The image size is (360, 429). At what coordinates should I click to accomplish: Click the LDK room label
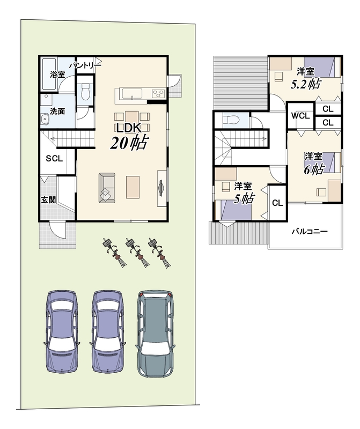pos(129,128)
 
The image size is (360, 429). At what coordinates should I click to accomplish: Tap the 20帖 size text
pos(129,143)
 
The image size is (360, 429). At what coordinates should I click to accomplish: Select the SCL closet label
pos(54,158)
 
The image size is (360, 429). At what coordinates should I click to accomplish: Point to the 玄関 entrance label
pos(48,199)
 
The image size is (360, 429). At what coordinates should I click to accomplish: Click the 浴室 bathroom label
pos(57,74)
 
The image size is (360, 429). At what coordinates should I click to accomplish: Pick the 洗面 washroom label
pos(57,111)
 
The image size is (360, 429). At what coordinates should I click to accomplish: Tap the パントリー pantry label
pos(85,65)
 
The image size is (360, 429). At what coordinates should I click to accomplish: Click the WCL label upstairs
pos(300,116)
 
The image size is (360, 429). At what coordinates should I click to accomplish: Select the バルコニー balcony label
pos(310,232)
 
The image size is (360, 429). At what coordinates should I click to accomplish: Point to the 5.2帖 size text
pos(305,84)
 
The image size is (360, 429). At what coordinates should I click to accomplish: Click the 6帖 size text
pos(314,169)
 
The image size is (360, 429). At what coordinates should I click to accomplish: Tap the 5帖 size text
pos(244,198)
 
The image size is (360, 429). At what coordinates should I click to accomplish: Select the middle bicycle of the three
pos(136,252)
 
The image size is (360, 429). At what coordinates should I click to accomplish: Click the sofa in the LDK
pos(107,188)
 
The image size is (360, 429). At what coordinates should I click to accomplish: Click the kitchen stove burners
pos(158,93)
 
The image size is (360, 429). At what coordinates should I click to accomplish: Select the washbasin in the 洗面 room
pos(45,120)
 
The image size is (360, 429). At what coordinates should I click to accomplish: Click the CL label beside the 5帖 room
pos(277,203)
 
